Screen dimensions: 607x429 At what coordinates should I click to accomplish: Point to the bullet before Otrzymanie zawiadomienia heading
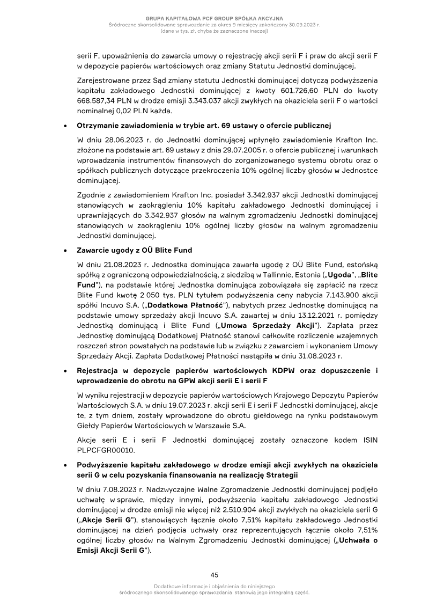click(65, 127)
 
